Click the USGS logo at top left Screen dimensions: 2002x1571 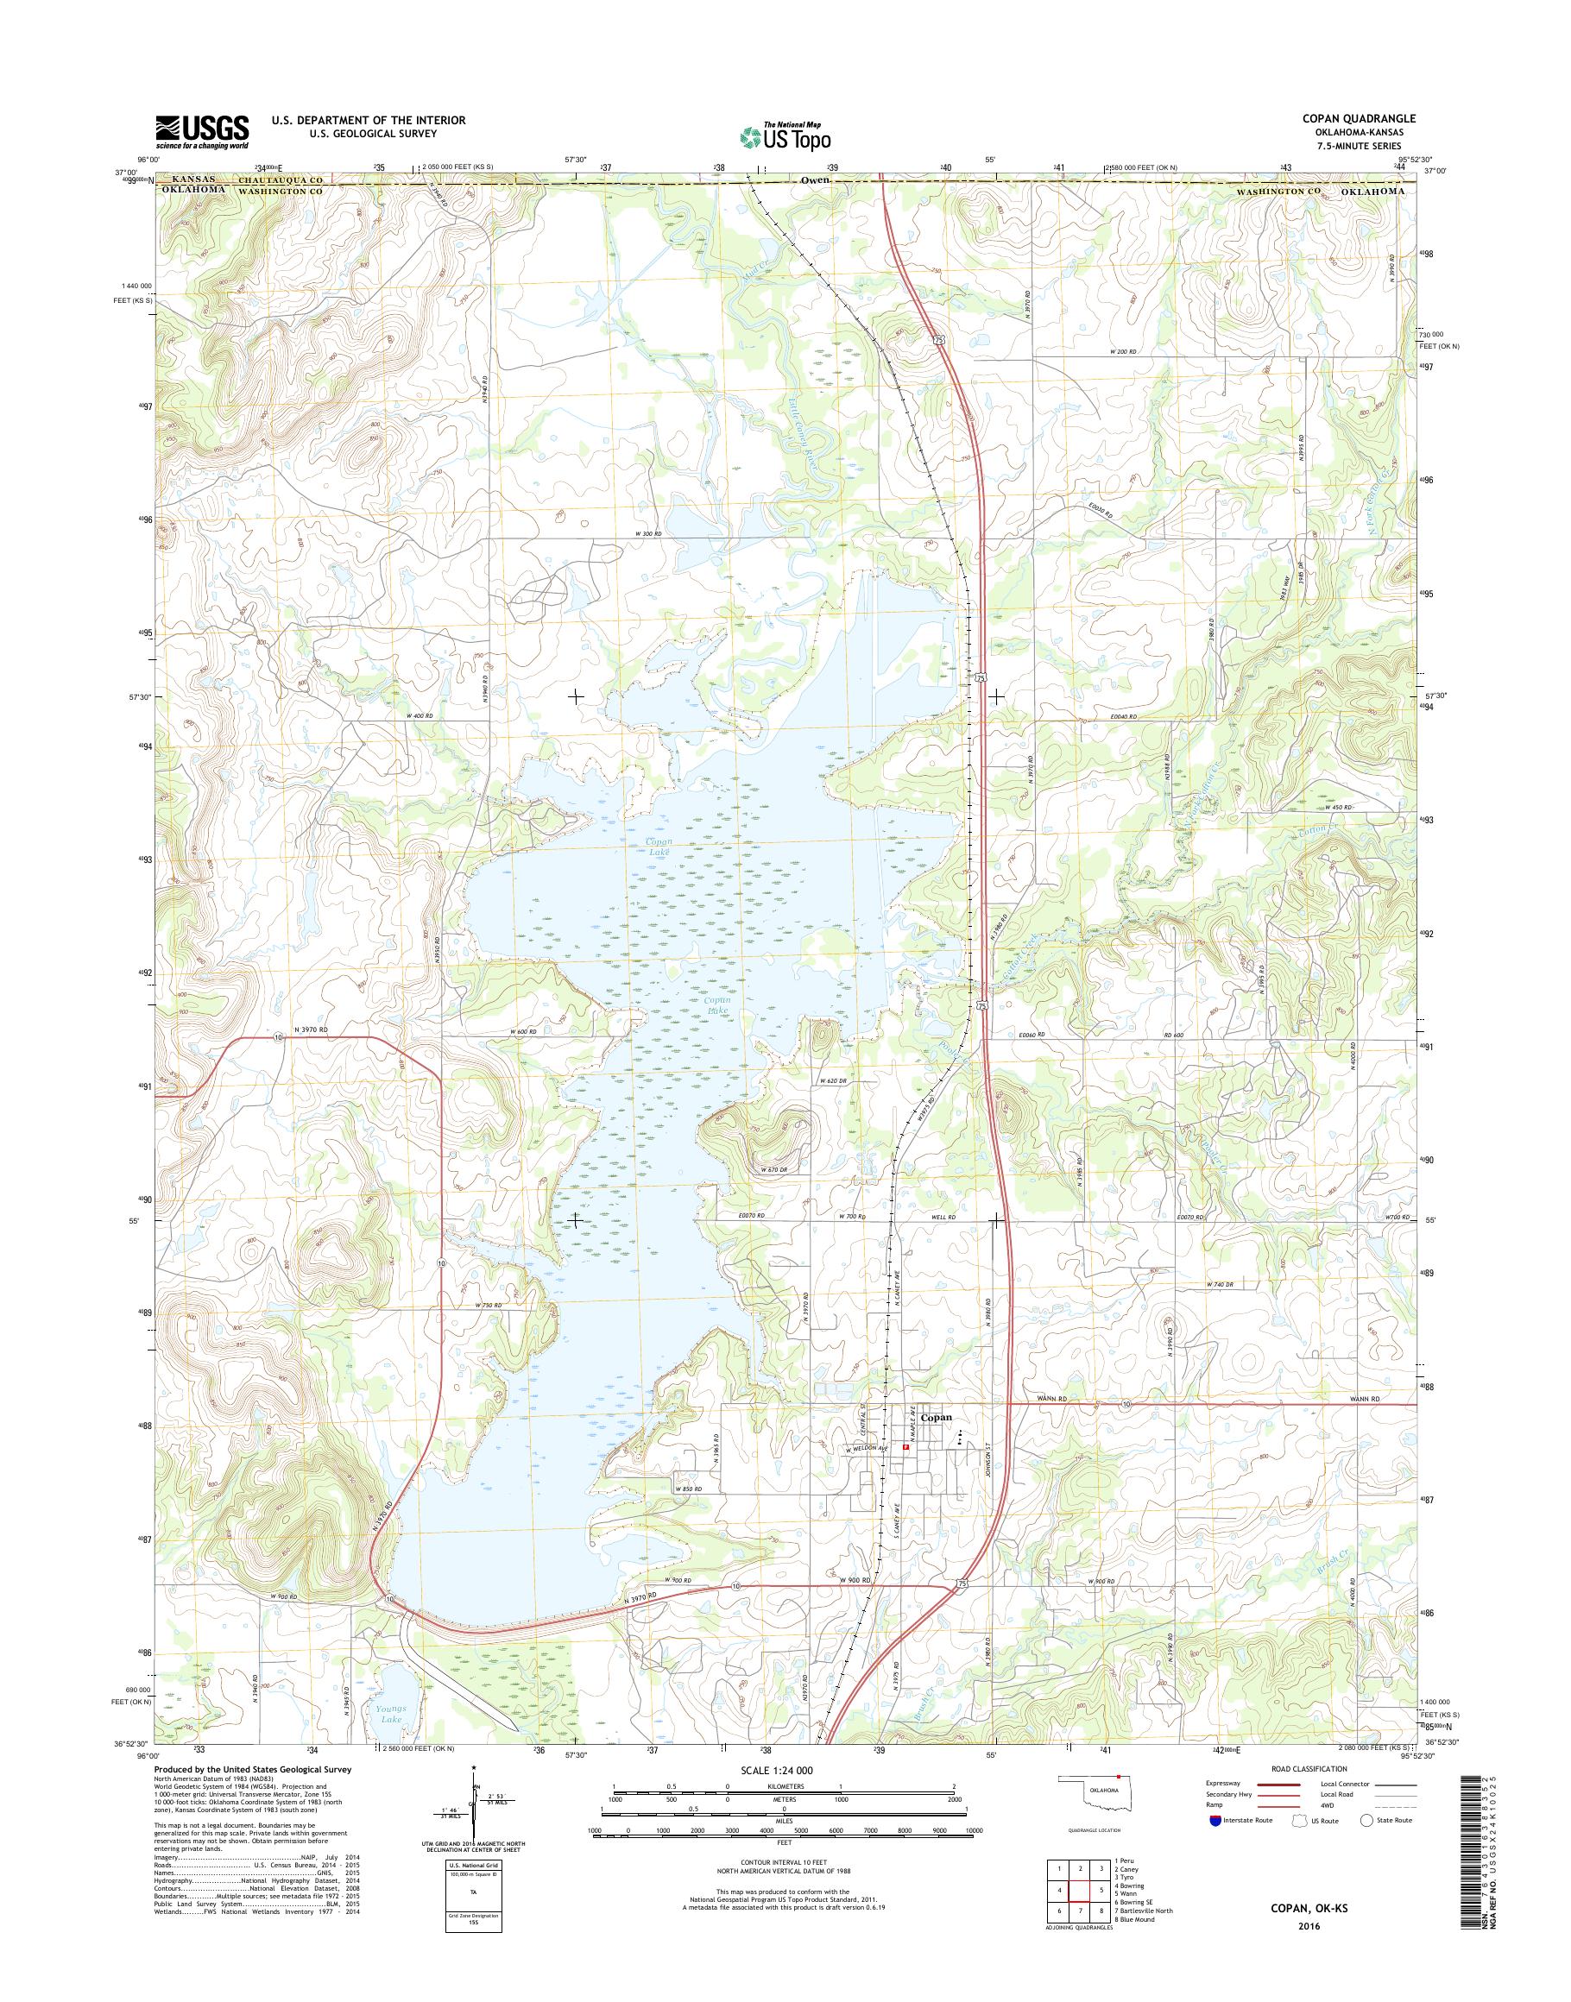[201, 131]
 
